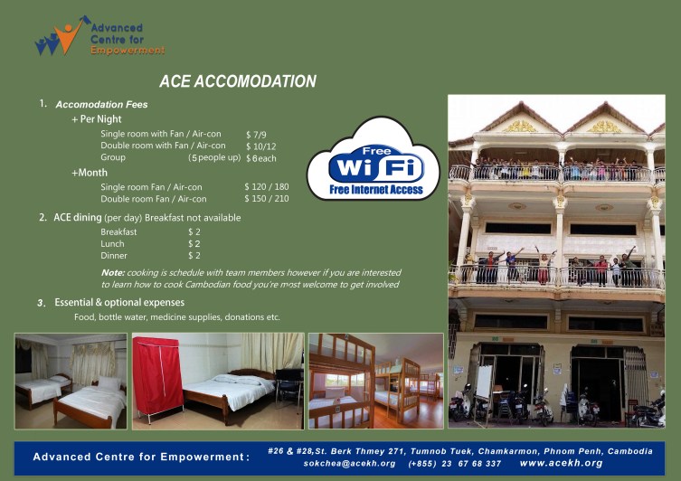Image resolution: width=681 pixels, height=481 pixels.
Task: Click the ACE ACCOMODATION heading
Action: pyautogui.click(x=238, y=82)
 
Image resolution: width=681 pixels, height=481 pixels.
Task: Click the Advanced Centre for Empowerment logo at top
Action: pyautogui.click(x=99, y=35)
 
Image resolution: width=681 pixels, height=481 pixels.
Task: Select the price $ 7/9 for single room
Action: pyautogui.click(x=256, y=134)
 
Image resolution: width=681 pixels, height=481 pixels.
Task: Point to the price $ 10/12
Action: pyautogui.click(x=261, y=146)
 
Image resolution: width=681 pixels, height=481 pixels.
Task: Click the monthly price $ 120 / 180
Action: pyautogui.click(x=267, y=186)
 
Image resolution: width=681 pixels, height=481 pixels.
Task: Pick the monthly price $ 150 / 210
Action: pyautogui.click(x=267, y=198)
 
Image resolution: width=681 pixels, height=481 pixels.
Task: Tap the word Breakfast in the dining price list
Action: pyautogui.click(x=118, y=231)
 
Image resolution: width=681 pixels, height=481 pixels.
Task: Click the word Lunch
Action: pyautogui.click(x=113, y=243)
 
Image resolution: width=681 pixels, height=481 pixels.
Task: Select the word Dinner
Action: pyautogui.click(x=114, y=255)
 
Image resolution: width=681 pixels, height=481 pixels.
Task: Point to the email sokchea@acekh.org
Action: pyautogui.click(x=349, y=463)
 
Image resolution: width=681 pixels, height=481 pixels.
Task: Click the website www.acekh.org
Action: pyautogui.click(x=561, y=463)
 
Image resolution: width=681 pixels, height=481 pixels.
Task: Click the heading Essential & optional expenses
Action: pyautogui.click(x=119, y=302)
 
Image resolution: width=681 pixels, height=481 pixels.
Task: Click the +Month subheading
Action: pyautogui.click(x=90, y=172)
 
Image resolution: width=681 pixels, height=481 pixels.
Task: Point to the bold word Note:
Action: pyautogui.click(x=113, y=272)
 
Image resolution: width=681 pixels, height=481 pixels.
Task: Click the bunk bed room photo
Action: pyautogui.click(x=375, y=381)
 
